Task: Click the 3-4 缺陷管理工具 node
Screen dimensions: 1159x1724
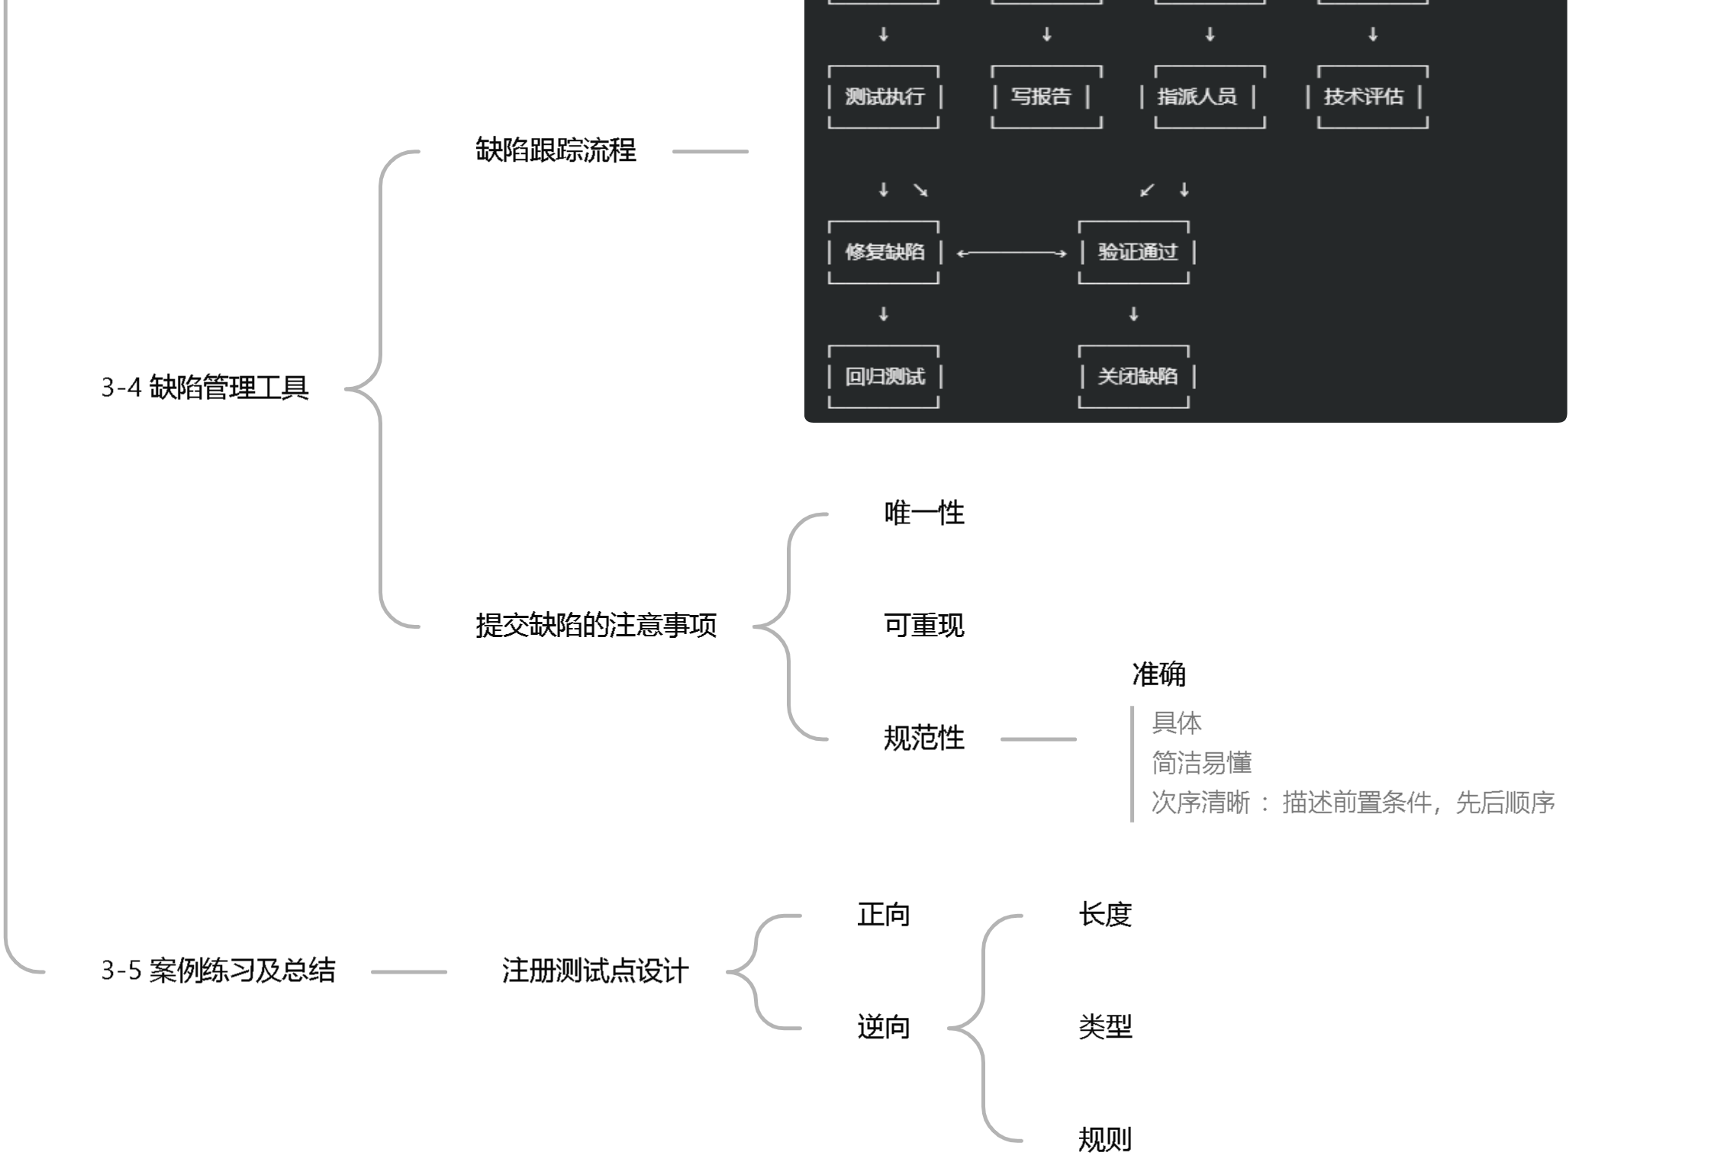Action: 205,388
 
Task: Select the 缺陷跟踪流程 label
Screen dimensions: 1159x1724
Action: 555,150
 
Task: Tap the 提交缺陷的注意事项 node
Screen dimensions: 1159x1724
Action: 595,626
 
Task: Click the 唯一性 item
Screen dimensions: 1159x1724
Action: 923,514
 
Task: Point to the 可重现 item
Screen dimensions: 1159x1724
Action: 923,626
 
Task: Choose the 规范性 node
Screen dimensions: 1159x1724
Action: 923,738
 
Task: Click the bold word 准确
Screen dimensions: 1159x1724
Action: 1158,674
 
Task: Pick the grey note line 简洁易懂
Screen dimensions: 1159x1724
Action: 1200,762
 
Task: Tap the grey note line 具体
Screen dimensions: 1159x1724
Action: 1176,723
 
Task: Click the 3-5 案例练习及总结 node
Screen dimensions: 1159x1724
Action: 218,971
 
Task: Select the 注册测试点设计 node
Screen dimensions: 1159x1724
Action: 595,971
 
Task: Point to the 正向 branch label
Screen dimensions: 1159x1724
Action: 883,914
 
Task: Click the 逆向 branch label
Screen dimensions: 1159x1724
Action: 883,1027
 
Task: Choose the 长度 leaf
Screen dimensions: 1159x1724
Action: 1104,914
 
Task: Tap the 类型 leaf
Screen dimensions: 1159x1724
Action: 1104,1027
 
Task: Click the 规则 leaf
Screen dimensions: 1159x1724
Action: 1104,1139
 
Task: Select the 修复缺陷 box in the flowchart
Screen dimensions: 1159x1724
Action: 884,252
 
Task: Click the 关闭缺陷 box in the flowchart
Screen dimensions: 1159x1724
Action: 1136,376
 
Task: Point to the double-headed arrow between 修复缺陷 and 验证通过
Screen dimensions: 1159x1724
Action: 1010,253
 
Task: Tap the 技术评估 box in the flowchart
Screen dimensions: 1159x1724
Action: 1363,97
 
